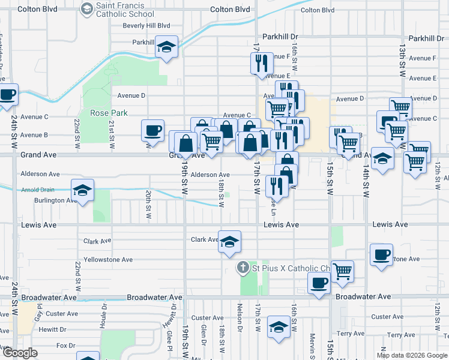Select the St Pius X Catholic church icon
coord(243,268)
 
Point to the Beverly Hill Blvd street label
coord(146,26)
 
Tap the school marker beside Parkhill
coord(166,47)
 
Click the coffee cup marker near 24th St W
coord(8,94)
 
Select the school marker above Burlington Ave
coord(82,191)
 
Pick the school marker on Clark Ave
coord(229,242)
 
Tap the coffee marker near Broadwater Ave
coord(319,283)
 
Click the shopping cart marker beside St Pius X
coord(342,271)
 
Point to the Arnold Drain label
coord(37,190)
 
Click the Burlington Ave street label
coord(55,200)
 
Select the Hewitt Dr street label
coord(53,330)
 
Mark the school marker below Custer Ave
coord(278,329)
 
